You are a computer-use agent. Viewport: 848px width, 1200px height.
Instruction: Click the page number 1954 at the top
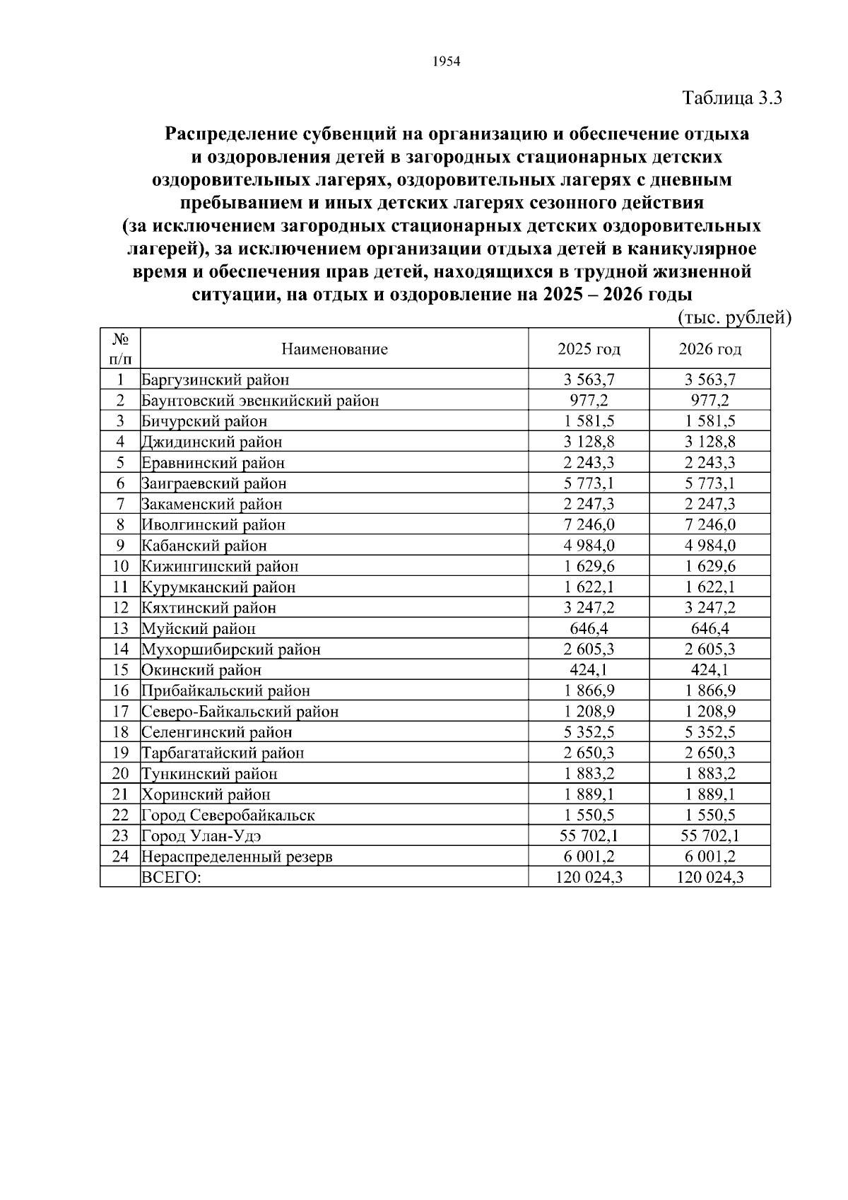446,62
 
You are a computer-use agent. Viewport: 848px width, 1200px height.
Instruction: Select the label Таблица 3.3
732,98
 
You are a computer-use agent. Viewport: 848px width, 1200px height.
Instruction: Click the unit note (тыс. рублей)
734,318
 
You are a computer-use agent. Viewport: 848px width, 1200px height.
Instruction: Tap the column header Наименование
334,349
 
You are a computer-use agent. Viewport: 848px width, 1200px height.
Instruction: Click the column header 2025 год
589,349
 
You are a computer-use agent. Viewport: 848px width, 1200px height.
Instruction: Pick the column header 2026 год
710,349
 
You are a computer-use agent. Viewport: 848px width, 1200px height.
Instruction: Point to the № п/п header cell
120,348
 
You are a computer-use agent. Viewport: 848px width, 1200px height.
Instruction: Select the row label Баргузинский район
216,380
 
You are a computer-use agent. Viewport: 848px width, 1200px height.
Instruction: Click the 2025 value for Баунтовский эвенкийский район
589,401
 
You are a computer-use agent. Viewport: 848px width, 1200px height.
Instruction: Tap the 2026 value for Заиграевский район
710,483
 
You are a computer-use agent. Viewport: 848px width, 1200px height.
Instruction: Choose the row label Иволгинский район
213,525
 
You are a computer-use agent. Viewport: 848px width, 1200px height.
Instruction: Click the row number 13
120,628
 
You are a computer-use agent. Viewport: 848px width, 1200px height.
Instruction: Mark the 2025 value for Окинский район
589,670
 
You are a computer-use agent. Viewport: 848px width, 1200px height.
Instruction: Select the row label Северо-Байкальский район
240,712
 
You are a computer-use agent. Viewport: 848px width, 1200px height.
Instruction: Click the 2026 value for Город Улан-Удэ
710,836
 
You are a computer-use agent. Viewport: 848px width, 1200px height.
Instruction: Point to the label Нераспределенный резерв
237,857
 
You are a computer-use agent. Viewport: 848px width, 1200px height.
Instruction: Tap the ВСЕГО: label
172,878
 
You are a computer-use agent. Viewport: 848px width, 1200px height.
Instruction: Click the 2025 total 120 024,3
589,878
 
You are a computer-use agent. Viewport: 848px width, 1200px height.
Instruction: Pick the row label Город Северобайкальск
228,816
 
